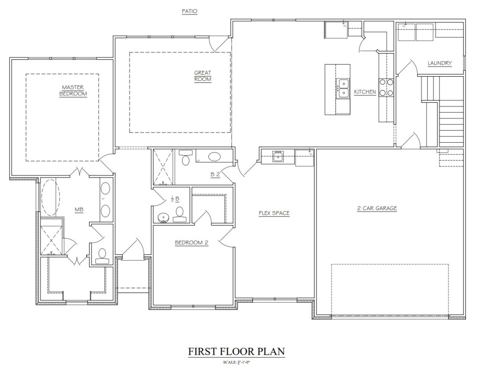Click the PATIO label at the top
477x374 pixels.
189,11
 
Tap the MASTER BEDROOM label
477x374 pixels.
73,91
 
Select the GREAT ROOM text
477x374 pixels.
203,76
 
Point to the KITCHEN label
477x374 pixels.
365,92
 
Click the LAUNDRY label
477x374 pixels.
439,63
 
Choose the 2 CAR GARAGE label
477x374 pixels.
377,208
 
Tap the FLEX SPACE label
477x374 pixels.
274,213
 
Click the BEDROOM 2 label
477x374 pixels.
191,243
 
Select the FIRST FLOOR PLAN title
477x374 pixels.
236,351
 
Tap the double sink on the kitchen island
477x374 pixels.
344,89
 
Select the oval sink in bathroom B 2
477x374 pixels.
214,157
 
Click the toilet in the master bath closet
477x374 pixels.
102,254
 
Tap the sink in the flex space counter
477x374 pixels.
278,156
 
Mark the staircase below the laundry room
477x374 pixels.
450,120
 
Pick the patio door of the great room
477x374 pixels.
221,44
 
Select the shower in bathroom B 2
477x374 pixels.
164,167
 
